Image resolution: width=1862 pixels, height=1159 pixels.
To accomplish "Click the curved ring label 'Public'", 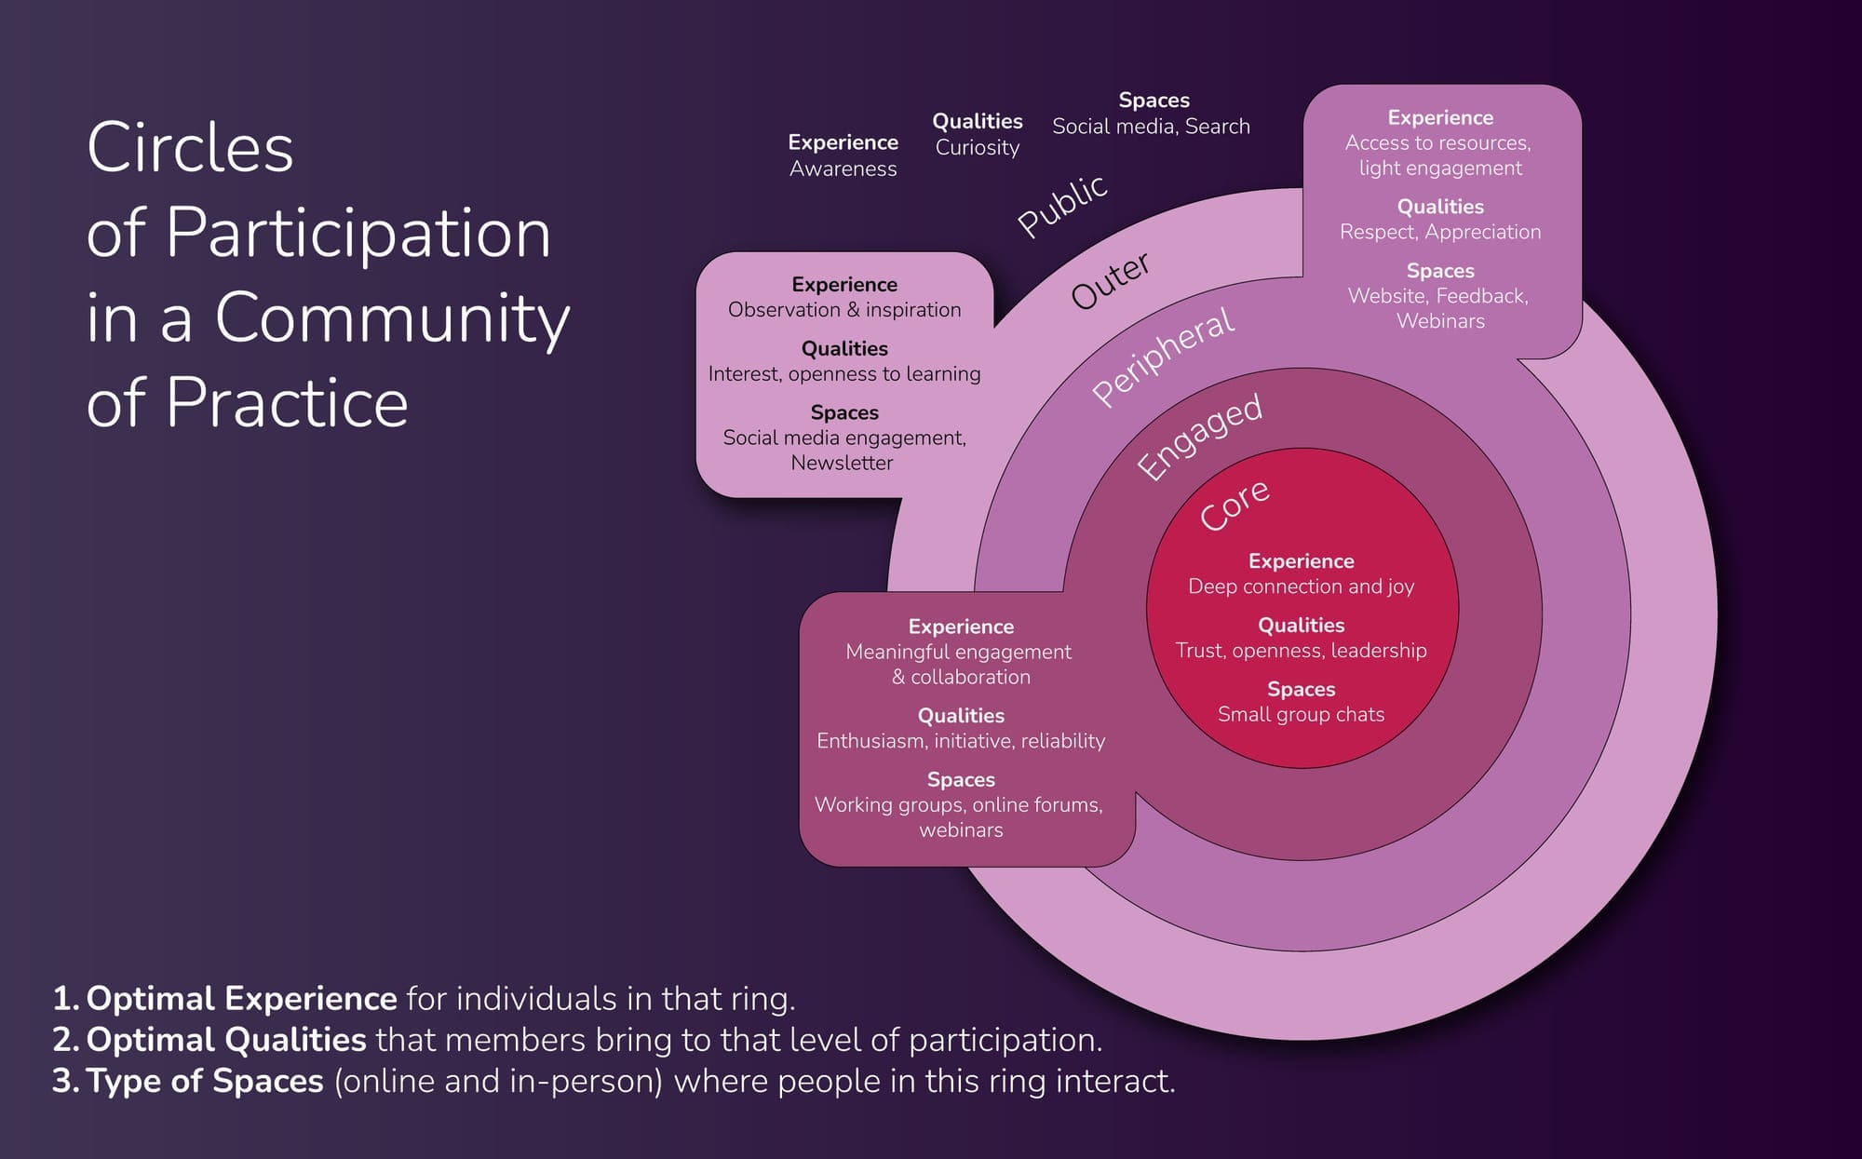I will [x=1062, y=205].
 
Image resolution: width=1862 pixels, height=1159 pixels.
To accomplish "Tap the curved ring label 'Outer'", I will [x=1111, y=280].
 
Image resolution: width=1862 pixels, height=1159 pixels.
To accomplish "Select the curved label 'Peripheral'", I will [x=1163, y=357].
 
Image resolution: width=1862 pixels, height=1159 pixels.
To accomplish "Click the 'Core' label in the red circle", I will [x=1234, y=505].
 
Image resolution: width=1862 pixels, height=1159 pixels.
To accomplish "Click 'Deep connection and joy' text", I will [x=1301, y=586].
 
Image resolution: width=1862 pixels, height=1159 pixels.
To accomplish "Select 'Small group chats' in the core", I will [x=1301, y=714].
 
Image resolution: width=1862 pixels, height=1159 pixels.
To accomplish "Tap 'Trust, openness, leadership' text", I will [x=1301, y=651].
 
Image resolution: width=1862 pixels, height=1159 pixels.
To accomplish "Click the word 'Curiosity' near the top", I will [x=977, y=147].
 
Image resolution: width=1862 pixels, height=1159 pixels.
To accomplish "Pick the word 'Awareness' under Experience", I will [x=843, y=168].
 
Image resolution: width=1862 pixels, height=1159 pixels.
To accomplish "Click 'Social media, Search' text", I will [x=1151, y=127].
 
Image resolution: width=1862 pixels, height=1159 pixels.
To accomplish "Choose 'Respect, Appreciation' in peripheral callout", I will [x=1440, y=232].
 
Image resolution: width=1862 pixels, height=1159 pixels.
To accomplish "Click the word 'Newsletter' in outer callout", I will [x=842, y=463].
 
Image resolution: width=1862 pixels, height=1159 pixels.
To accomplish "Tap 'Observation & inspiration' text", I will [x=844, y=310].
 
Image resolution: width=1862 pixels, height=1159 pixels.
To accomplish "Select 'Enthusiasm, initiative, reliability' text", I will [x=961, y=741].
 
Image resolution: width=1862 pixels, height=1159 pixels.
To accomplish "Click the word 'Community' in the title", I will [x=392, y=317].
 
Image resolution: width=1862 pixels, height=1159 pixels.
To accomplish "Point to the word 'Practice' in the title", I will [x=288, y=403].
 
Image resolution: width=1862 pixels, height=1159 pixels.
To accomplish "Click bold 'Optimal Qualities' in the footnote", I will [x=226, y=1040].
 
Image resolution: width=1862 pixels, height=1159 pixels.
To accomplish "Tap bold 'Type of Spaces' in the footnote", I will [x=205, y=1081].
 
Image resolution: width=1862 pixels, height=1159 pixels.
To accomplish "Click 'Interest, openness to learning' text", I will [x=844, y=374].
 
